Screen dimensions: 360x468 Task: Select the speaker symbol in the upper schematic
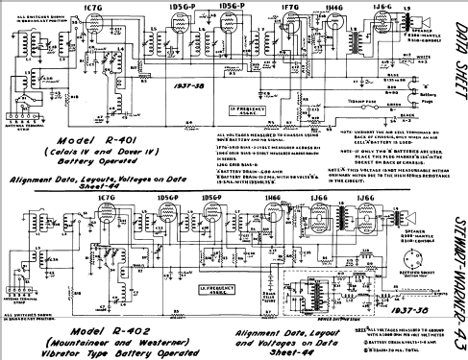[x=418, y=27]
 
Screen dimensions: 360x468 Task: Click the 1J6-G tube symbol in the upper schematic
[x=375, y=36]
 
